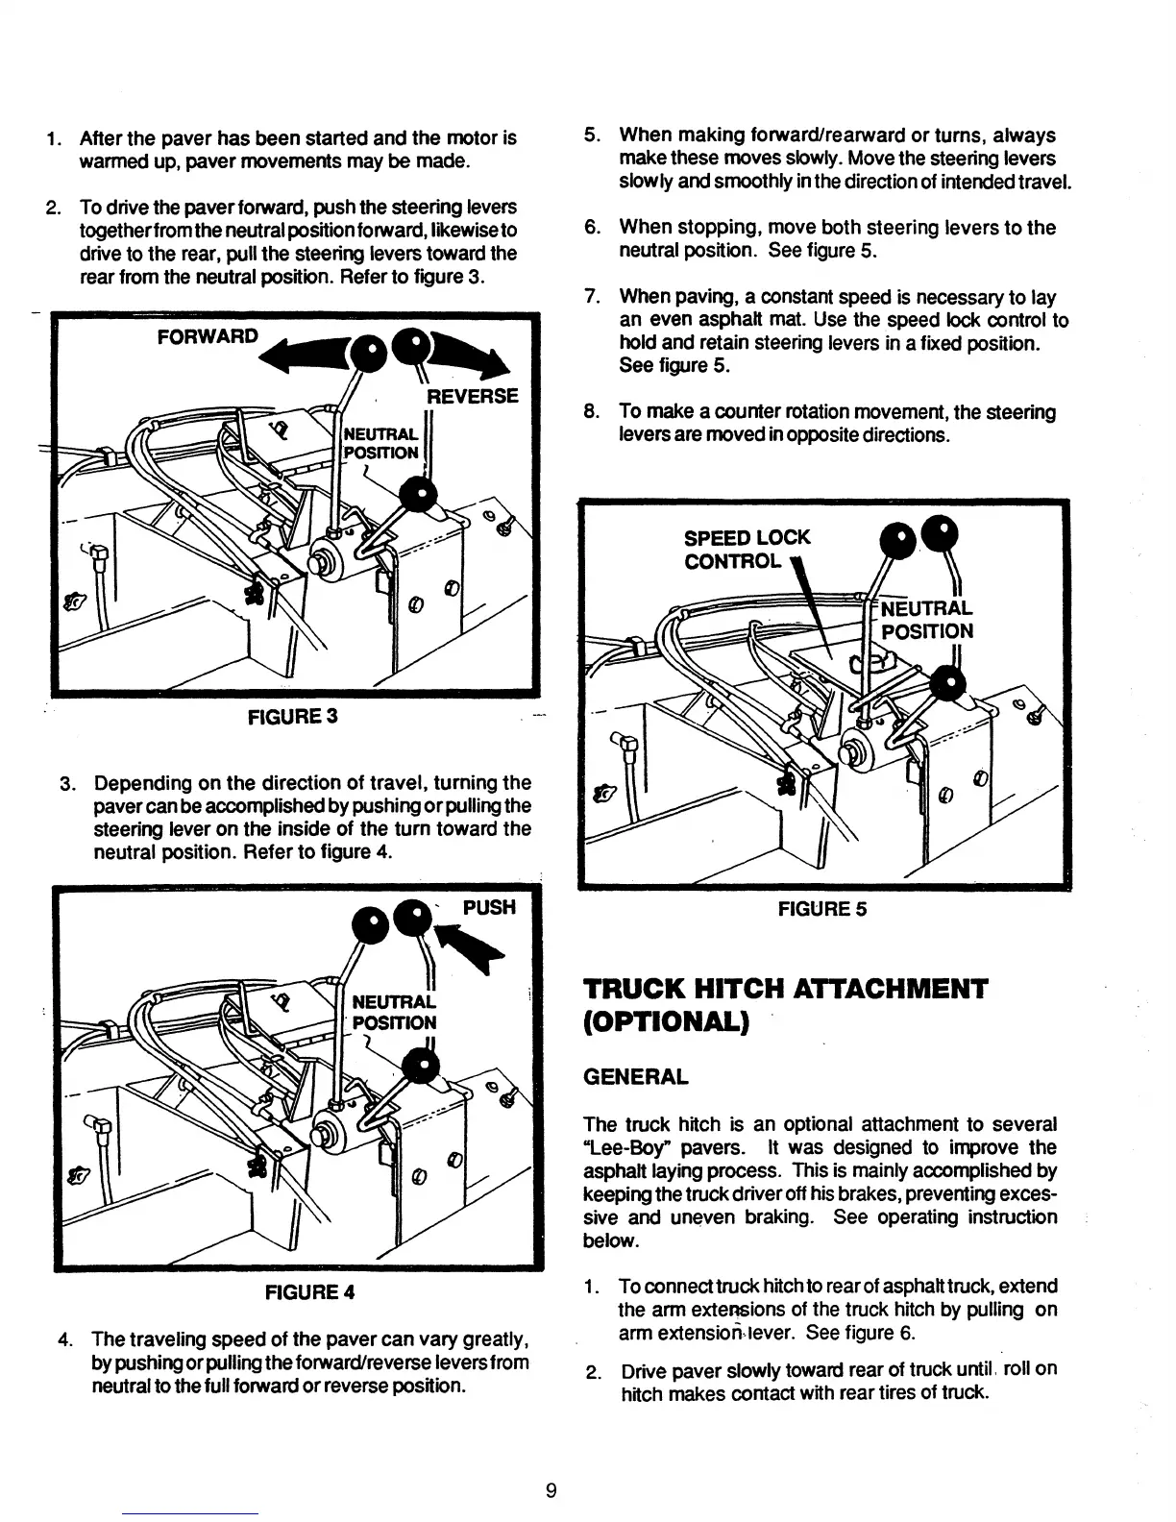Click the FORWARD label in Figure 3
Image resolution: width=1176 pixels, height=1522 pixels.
(x=207, y=336)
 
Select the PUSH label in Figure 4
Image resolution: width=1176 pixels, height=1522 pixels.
(x=489, y=907)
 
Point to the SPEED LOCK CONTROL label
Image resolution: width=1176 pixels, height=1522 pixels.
(x=747, y=549)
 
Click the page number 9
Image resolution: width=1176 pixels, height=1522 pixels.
(x=551, y=1490)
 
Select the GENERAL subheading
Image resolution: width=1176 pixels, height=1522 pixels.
(x=635, y=1076)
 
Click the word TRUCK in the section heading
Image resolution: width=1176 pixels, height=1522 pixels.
(x=642, y=989)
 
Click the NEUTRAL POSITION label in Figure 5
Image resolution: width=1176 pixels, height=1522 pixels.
(x=926, y=620)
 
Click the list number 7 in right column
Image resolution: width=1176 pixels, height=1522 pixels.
(x=592, y=297)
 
